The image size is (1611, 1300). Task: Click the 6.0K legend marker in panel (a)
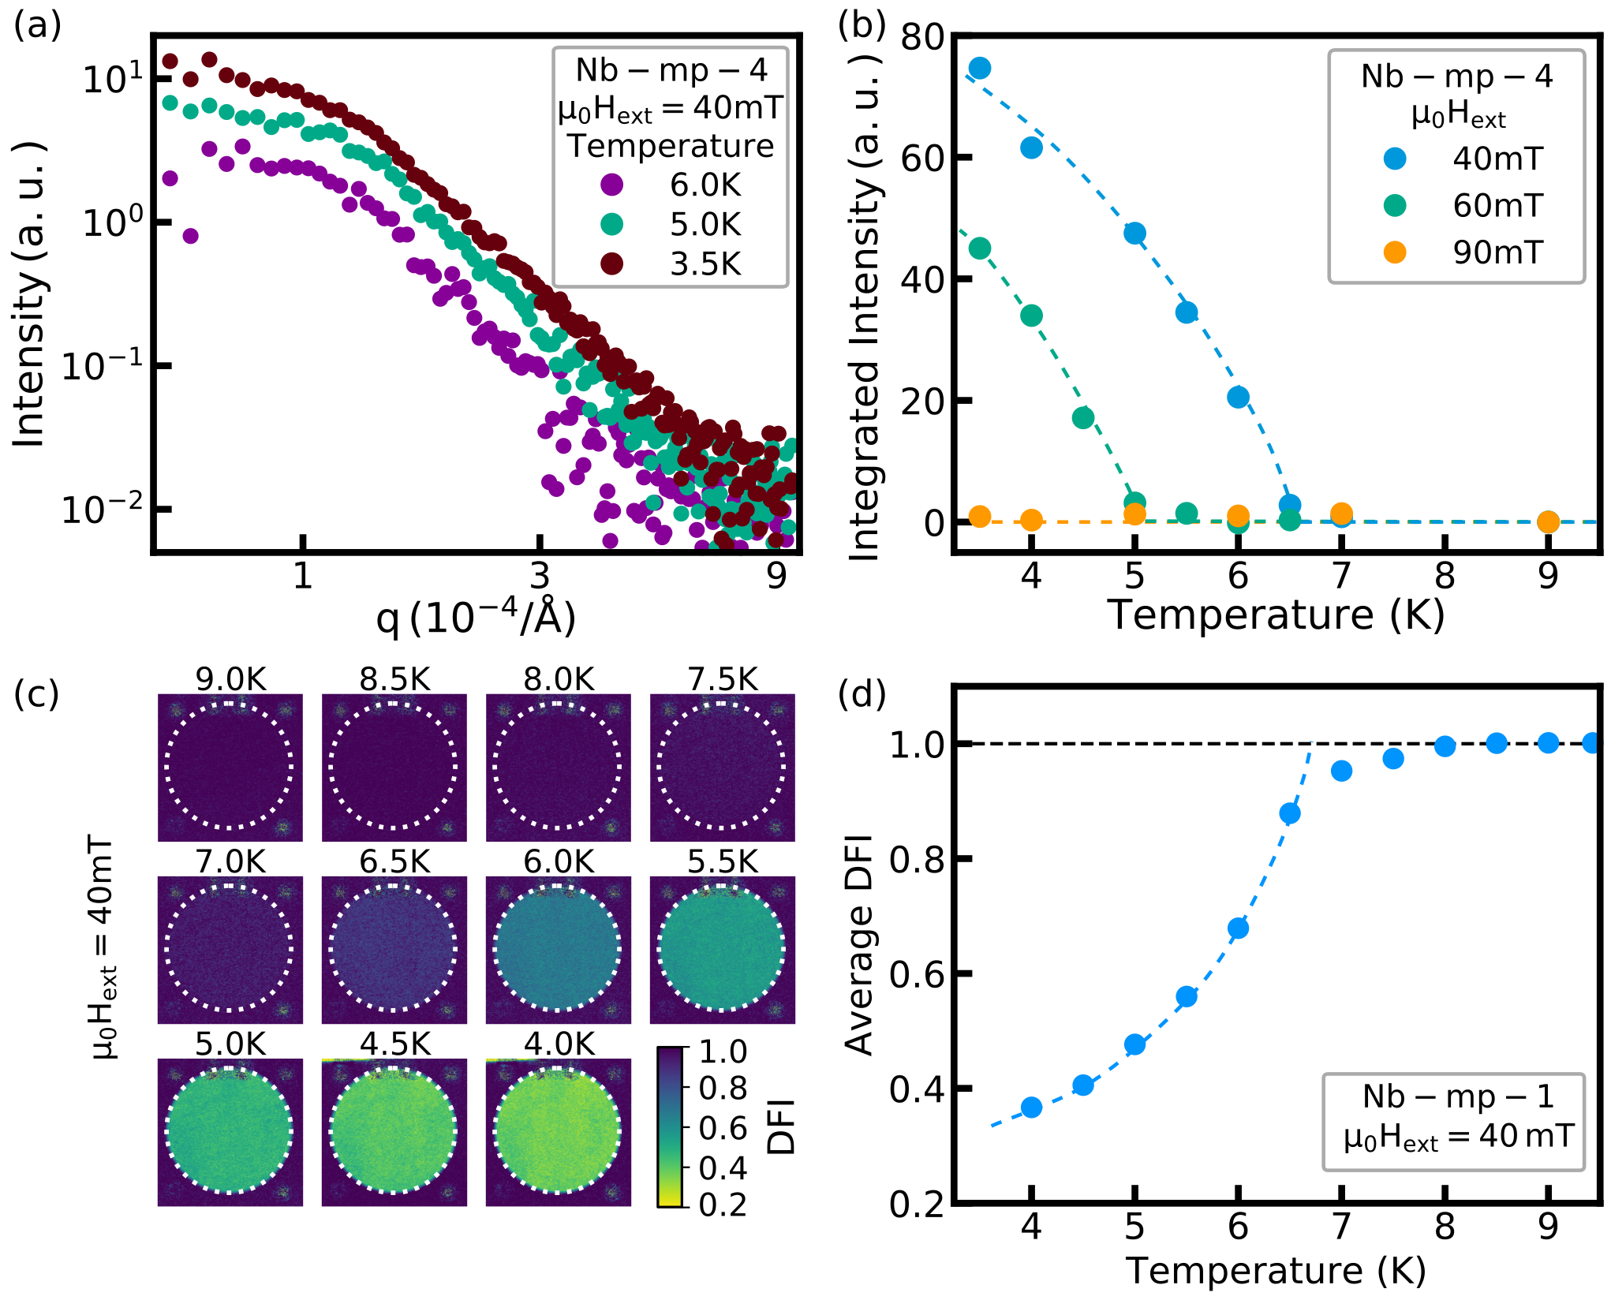pos(612,185)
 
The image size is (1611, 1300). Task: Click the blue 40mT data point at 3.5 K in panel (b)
pos(980,69)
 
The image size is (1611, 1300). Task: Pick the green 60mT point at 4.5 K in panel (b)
pos(1083,417)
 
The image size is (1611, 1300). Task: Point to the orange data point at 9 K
pos(1548,521)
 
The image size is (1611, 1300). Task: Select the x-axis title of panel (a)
pos(477,618)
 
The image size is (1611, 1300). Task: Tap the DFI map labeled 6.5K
pos(394,949)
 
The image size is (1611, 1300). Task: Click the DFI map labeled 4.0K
pos(558,1132)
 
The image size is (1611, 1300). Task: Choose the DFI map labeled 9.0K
pos(230,767)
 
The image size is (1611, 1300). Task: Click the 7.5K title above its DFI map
pos(723,679)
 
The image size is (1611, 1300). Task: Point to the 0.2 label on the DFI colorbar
pos(723,1205)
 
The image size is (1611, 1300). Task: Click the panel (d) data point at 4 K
pos(1031,1108)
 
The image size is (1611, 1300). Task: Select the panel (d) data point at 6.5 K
pos(1290,813)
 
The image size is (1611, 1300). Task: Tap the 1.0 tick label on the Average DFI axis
pos(918,745)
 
